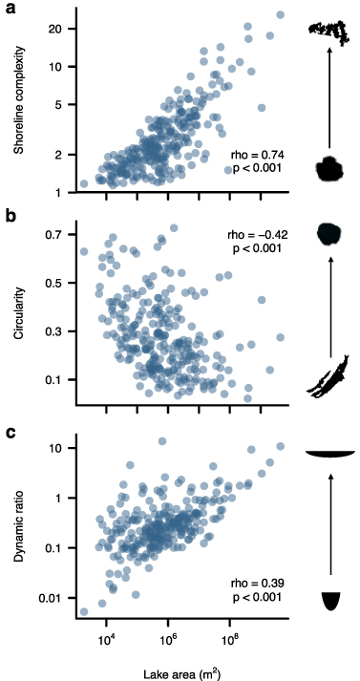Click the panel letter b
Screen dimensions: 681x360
(x=9, y=217)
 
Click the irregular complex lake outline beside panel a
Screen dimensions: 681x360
(x=328, y=31)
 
